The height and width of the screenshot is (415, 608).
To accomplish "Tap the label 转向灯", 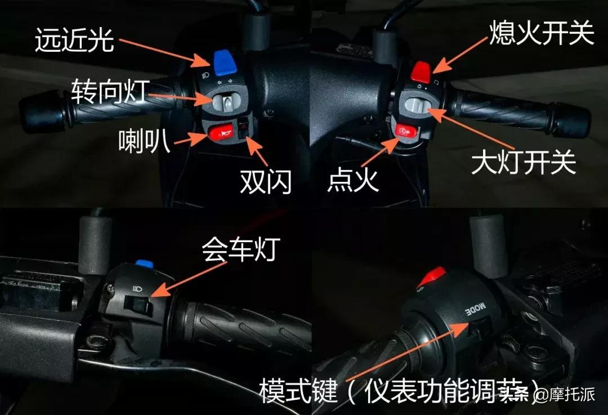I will click(x=110, y=90).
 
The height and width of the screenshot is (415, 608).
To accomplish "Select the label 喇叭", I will click(x=144, y=140).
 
